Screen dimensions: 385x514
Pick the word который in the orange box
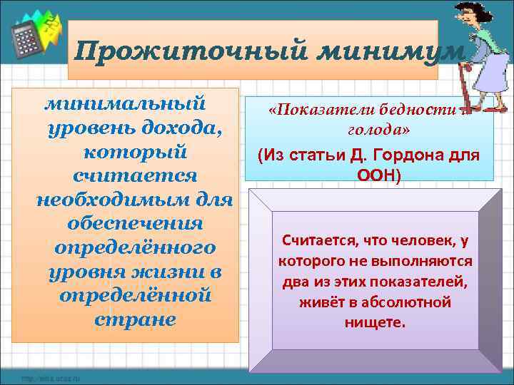(x=135, y=153)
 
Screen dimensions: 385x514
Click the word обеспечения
(x=135, y=224)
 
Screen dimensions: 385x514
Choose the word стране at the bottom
(x=135, y=319)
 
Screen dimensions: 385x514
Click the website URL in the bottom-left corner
(x=50, y=378)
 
